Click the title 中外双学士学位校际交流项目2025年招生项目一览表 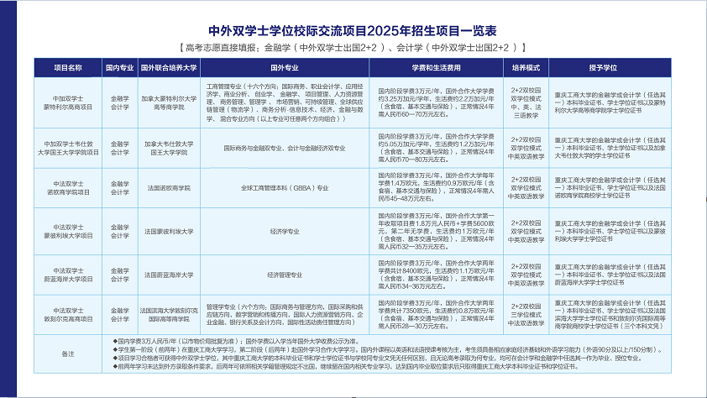(x=353, y=28)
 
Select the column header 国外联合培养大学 (x=168, y=65)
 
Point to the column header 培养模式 (x=526, y=65)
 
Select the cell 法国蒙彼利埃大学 (x=168, y=230)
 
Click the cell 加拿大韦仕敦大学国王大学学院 (x=168, y=148)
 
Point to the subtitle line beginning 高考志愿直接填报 (x=353, y=46)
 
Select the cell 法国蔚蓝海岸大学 (x=168, y=274)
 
